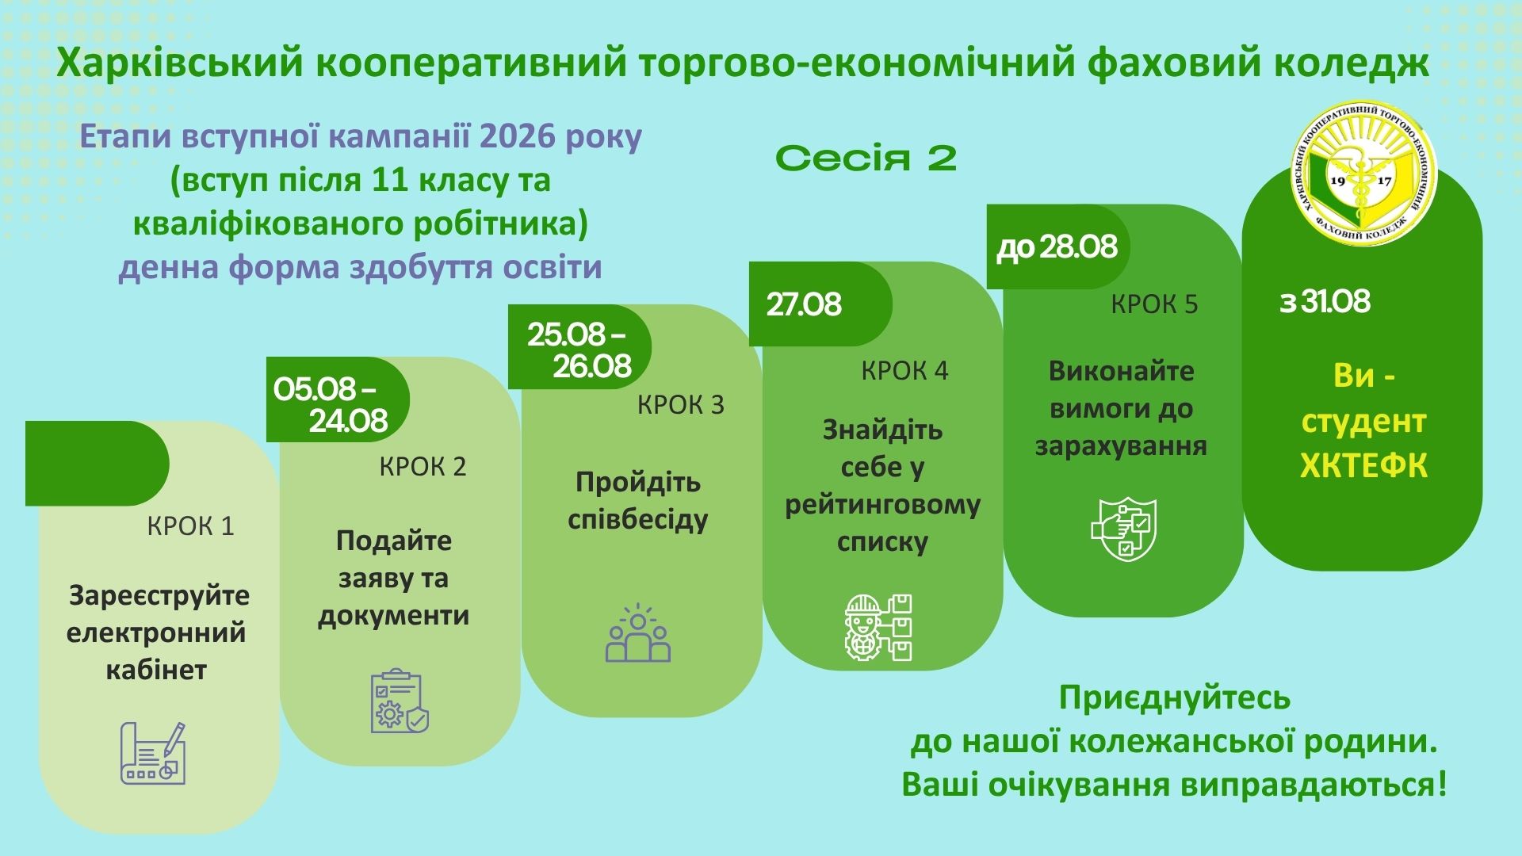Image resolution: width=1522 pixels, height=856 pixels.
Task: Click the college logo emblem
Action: (x=1359, y=174)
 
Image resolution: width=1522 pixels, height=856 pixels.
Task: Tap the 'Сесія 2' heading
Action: (x=866, y=159)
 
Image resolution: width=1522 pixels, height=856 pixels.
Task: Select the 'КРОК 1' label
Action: (x=191, y=526)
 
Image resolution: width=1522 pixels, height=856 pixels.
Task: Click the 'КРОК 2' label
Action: (x=423, y=466)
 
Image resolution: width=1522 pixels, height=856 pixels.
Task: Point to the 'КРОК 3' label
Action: (x=681, y=405)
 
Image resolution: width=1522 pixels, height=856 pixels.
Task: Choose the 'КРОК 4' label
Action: (x=904, y=370)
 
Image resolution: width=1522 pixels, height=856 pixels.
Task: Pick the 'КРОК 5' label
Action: (x=1154, y=304)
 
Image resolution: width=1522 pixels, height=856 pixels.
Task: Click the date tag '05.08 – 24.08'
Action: (x=331, y=403)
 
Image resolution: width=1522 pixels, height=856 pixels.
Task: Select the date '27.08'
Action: (x=804, y=305)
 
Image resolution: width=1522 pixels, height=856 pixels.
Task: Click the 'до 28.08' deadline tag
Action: (x=1057, y=247)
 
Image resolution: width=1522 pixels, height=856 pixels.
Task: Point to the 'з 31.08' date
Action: (x=1325, y=302)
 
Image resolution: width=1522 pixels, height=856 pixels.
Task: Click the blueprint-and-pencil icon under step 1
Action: (x=153, y=753)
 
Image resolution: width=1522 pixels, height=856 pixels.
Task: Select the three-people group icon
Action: (x=638, y=633)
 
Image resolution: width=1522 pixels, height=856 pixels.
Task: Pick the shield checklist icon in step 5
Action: (x=1124, y=529)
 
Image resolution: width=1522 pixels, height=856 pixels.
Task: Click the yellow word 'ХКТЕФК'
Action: (x=1363, y=466)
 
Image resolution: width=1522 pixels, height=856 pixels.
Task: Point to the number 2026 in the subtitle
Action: (x=518, y=137)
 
